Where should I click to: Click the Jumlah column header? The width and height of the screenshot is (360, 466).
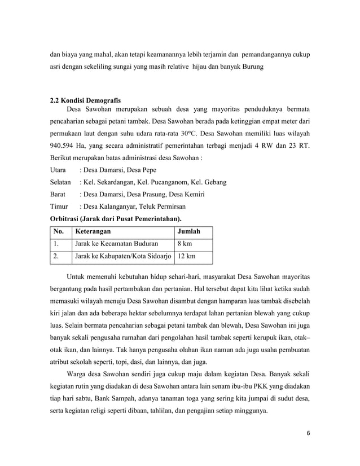(x=188, y=231)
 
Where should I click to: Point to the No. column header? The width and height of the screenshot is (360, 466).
(x=59, y=231)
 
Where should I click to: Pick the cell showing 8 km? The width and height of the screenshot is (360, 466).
(x=184, y=244)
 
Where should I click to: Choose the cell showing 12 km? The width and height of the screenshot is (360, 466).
(x=186, y=257)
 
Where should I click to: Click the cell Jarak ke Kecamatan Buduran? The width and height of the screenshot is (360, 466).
(x=116, y=244)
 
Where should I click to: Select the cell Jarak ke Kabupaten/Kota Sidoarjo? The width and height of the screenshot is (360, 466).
(x=123, y=257)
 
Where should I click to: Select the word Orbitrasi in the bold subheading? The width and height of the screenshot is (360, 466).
(x=67, y=218)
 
